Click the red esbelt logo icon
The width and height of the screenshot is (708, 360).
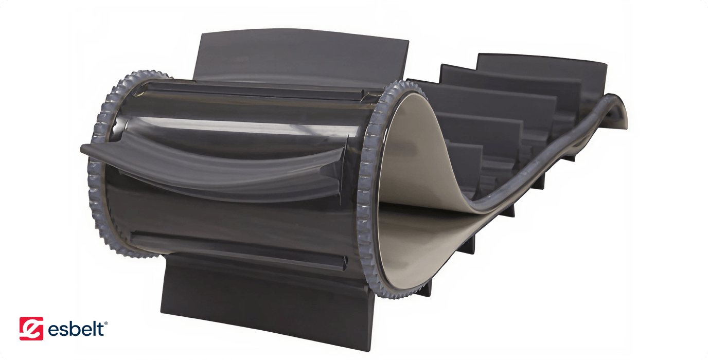pyautogui.click(x=31, y=329)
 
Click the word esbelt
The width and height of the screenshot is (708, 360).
pyautogui.click(x=76, y=329)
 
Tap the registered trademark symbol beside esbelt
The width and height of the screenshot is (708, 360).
pyautogui.click(x=106, y=323)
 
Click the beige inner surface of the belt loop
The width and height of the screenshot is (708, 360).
pyautogui.click(x=408, y=177)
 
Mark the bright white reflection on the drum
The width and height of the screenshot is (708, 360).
pyautogui.click(x=240, y=125)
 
